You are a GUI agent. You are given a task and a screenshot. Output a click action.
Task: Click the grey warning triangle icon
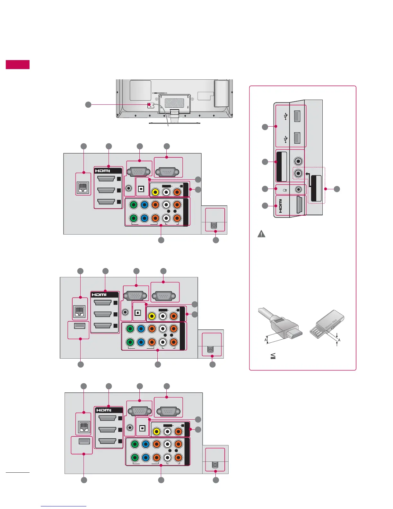point(261,234)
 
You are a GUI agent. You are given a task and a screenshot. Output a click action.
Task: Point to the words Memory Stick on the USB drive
point(331,325)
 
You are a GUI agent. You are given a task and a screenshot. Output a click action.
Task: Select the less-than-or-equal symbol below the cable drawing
point(273,356)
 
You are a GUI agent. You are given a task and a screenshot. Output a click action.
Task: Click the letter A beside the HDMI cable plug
point(266,340)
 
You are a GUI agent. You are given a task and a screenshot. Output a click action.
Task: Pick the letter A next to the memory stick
point(339,340)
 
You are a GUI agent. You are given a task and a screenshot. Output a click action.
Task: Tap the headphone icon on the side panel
point(285,190)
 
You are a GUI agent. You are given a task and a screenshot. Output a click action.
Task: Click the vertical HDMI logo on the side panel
point(280,206)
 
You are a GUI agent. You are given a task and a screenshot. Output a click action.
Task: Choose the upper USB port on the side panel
point(297,116)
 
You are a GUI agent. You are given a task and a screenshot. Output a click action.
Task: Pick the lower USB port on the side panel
point(297,138)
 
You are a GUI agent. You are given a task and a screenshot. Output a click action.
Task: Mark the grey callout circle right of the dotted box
point(336,189)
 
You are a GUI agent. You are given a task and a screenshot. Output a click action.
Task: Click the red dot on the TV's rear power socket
point(149,105)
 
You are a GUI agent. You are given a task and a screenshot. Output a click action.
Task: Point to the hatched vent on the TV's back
point(174,103)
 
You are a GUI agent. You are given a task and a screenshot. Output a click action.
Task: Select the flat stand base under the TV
point(174,122)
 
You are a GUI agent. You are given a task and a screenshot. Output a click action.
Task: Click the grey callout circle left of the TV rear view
point(88,104)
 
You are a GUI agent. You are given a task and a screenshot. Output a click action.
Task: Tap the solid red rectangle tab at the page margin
point(18,65)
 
